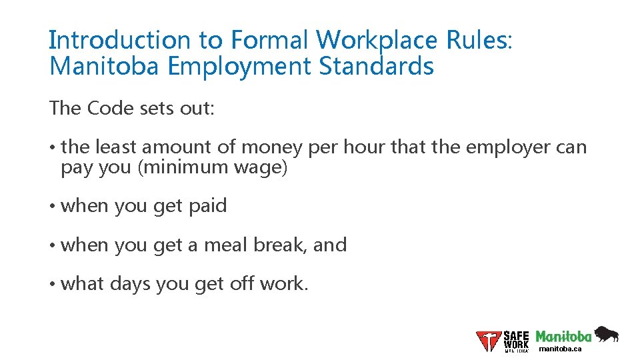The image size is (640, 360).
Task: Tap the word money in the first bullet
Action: (273, 147)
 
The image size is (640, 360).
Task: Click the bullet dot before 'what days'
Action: (52, 284)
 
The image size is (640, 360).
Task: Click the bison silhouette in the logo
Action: (606, 333)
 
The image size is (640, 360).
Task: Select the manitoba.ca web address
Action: (560, 349)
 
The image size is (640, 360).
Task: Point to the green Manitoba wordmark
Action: (564, 336)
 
